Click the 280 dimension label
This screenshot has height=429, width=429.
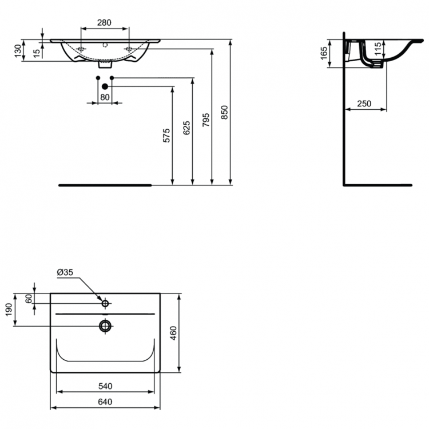pos(104,22)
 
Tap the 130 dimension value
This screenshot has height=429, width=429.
pos(18,51)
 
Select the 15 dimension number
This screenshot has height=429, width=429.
pos(37,53)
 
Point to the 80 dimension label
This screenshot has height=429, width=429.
pos(105,97)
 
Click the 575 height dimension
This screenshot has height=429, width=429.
pos(166,136)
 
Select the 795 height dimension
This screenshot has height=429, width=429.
pos(206,119)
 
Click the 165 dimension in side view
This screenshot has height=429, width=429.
pos(324,53)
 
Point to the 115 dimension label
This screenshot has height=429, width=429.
pos(378,49)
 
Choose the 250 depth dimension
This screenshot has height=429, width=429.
pos(364,104)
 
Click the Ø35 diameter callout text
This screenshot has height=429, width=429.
pos(65,273)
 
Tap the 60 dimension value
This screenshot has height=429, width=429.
pos(29,299)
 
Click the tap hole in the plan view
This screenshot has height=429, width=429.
pos(105,303)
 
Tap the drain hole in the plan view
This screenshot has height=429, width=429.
pos(105,326)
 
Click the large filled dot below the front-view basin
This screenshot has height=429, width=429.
pos(105,86)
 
